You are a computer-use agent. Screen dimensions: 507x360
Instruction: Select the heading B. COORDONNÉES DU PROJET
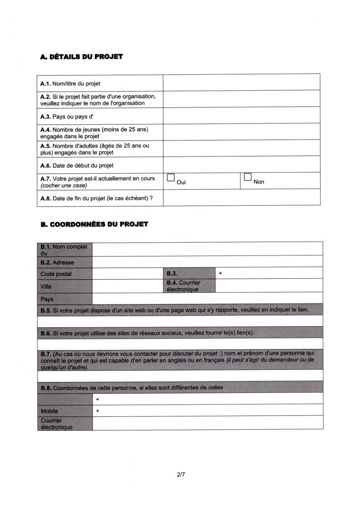(94, 224)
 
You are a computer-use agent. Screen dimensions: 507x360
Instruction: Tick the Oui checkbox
(171, 178)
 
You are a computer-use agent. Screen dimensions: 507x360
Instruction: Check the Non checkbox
(248, 178)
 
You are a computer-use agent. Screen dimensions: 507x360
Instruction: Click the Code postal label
(56, 273)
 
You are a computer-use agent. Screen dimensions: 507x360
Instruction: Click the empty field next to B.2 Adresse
(207, 261)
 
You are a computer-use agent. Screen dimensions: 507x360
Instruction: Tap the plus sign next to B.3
(220, 273)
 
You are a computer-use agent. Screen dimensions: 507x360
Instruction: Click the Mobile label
(50, 411)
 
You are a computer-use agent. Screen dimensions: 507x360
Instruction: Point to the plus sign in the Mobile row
(98, 411)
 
